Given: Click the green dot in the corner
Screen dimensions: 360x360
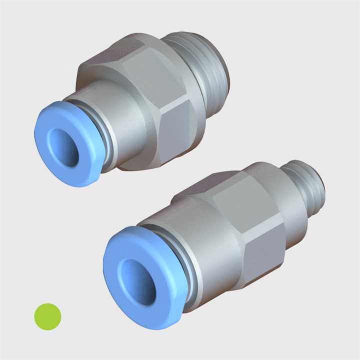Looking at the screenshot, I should click(x=47, y=316).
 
